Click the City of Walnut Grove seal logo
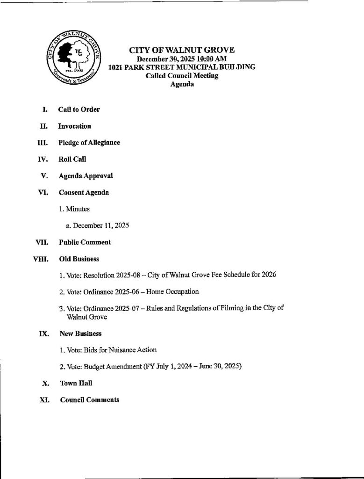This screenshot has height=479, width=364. coord(73,59)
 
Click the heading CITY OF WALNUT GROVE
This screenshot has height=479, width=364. coord(182,50)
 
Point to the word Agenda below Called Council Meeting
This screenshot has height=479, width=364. coord(182,84)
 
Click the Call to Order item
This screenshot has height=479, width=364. coord(79,109)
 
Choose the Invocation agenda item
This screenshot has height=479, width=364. coord(74,126)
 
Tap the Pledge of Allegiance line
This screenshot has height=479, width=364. coord(89,143)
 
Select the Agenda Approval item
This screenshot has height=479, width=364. coord(86,176)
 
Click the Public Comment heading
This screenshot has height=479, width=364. coord(85,242)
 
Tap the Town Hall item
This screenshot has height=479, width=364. coord(76,383)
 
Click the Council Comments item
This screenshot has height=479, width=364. coord(89,400)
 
